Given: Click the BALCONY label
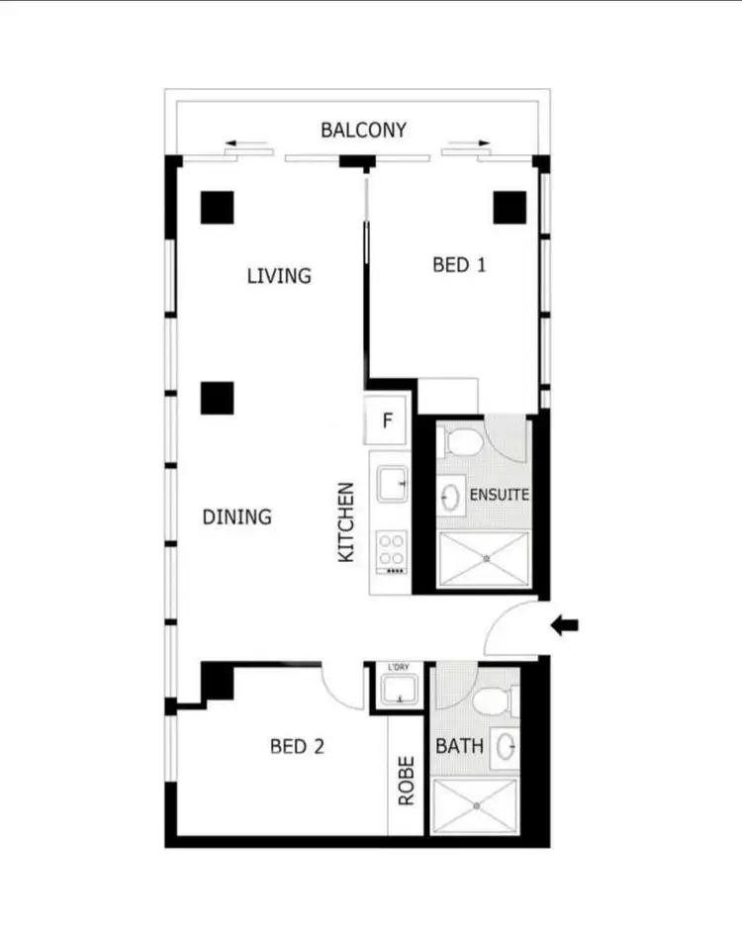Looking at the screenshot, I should (363, 130).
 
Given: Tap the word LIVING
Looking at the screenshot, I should (279, 275).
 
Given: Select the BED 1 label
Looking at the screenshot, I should (459, 264).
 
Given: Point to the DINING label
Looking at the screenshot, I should (236, 516).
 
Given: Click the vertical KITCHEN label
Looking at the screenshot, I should (346, 522).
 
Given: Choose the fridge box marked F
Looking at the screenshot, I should (388, 421).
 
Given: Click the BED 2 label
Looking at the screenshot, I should (297, 747).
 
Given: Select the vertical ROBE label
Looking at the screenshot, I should (406, 781).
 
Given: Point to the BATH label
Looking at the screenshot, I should (460, 745).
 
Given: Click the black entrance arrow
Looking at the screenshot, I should (565, 624).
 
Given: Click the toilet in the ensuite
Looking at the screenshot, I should (462, 437).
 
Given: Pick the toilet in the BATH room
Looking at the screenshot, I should (491, 701).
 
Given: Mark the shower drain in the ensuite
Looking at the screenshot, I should (485, 559).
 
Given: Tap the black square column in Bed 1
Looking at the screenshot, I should (510, 206).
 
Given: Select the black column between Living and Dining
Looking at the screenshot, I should (217, 397).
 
